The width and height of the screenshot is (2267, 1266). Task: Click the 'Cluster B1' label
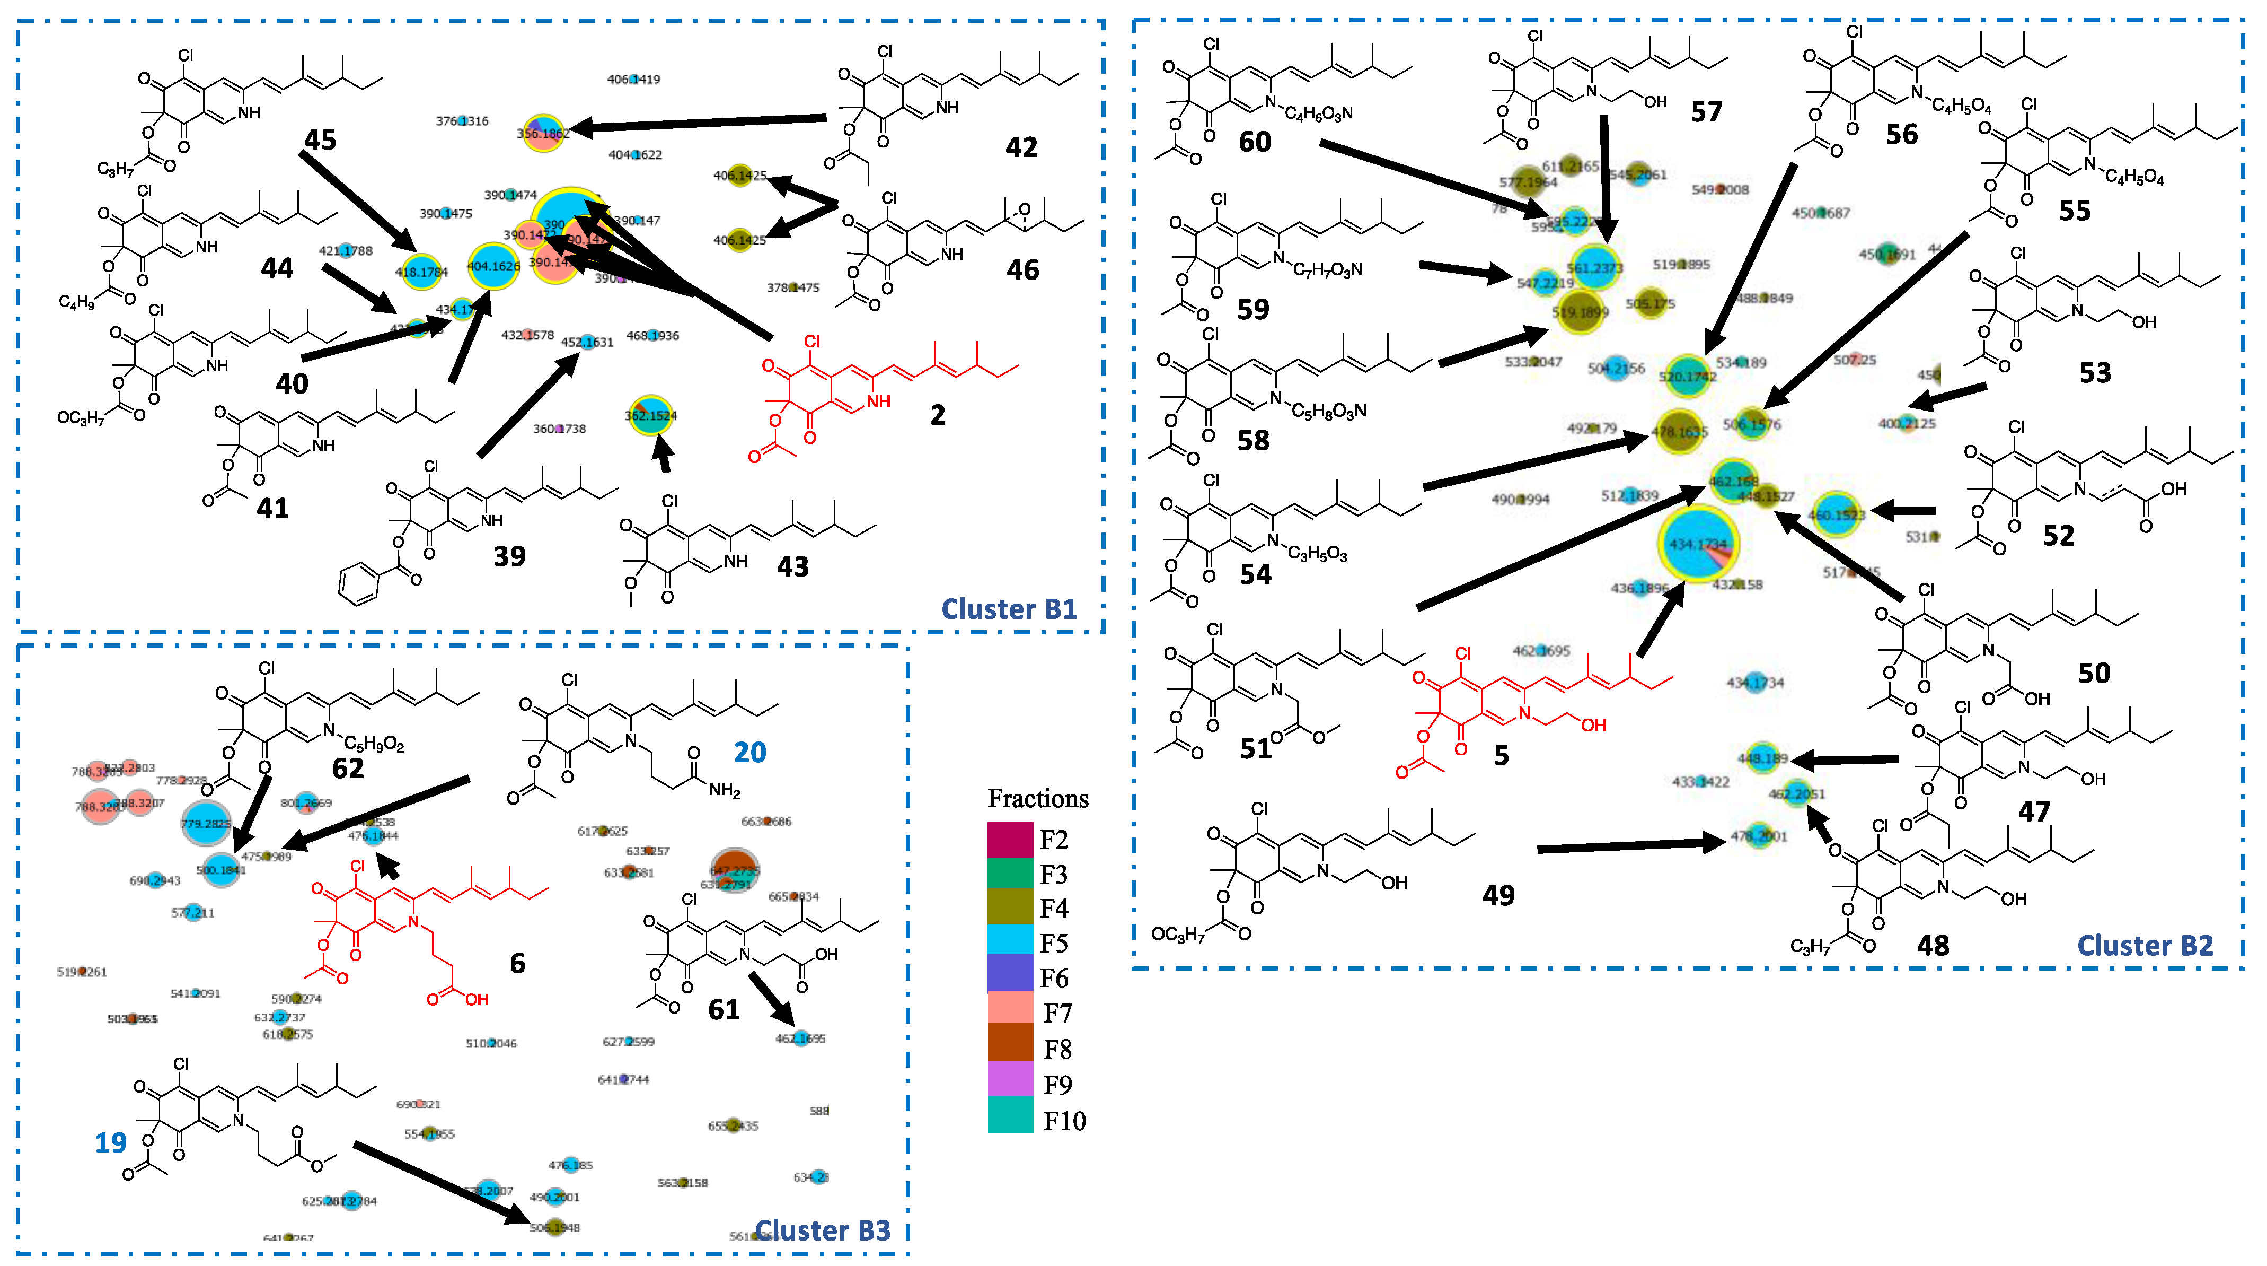pyautogui.click(x=1009, y=609)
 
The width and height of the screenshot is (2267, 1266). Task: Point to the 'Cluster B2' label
pyautogui.click(x=2144, y=946)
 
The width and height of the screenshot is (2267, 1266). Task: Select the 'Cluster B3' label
pyautogui.click(x=822, y=1230)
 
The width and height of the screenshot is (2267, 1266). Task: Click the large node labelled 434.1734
pyautogui.click(x=1698, y=544)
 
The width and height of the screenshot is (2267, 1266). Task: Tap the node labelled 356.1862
pyautogui.click(x=543, y=133)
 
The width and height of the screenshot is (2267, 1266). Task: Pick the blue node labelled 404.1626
pyautogui.click(x=493, y=266)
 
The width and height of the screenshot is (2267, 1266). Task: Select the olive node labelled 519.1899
pyautogui.click(x=1581, y=312)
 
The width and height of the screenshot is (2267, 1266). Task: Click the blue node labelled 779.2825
pyautogui.click(x=206, y=823)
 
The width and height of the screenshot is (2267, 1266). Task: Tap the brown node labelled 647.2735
pyautogui.click(x=734, y=870)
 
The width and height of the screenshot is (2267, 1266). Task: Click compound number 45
pyautogui.click(x=320, y=139)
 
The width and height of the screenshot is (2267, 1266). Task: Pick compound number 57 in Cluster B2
pyautogui.click(x=1706, y=112)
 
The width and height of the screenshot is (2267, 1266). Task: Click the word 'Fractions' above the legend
pyautogui.click(x=1038, y=799)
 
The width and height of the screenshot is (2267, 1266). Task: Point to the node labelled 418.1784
pyautogui.click(x=421, y=271)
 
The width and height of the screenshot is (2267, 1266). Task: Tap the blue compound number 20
pyautogui.click(x=750, y=752)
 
